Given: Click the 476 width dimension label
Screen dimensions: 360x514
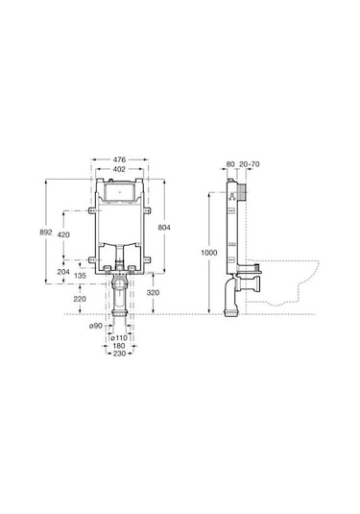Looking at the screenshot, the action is tap(119, 160).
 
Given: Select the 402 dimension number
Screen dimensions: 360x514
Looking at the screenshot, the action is tap(119, 169).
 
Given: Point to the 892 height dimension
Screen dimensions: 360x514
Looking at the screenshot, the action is tap(46, 233).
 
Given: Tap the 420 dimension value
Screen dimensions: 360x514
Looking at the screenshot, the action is tap(63, 234).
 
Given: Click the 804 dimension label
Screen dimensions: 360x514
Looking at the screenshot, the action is tap(164, 228).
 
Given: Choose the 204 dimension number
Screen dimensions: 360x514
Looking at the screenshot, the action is tap(63, 272).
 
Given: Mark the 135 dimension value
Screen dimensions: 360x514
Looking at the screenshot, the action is tap(80, 276).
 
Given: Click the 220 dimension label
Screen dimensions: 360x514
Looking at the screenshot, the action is tap(80, 299).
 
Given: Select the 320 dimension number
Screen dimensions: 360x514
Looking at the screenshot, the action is tap(153, 293).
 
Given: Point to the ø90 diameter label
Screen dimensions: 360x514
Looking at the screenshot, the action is tap(96, 326).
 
